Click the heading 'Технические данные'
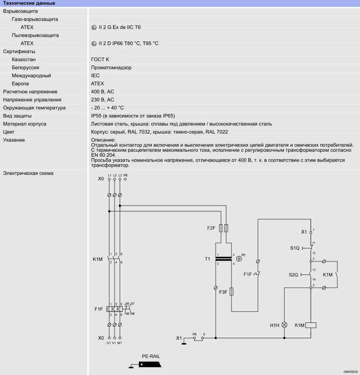29,3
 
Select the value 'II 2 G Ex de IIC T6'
120,27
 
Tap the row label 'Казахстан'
24,59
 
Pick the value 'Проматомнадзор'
111,67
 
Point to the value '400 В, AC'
102,92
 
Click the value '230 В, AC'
102,100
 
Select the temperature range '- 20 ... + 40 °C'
107,108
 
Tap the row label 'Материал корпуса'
25,124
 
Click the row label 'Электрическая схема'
28,173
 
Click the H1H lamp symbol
285,325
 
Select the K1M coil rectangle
311,325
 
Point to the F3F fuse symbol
231,292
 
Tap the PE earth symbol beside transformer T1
239,259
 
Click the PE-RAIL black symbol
149,364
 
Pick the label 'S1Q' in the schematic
295,248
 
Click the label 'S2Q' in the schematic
293,275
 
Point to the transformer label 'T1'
207,259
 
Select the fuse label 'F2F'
211,228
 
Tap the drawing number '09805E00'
351,372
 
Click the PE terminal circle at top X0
125,179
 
